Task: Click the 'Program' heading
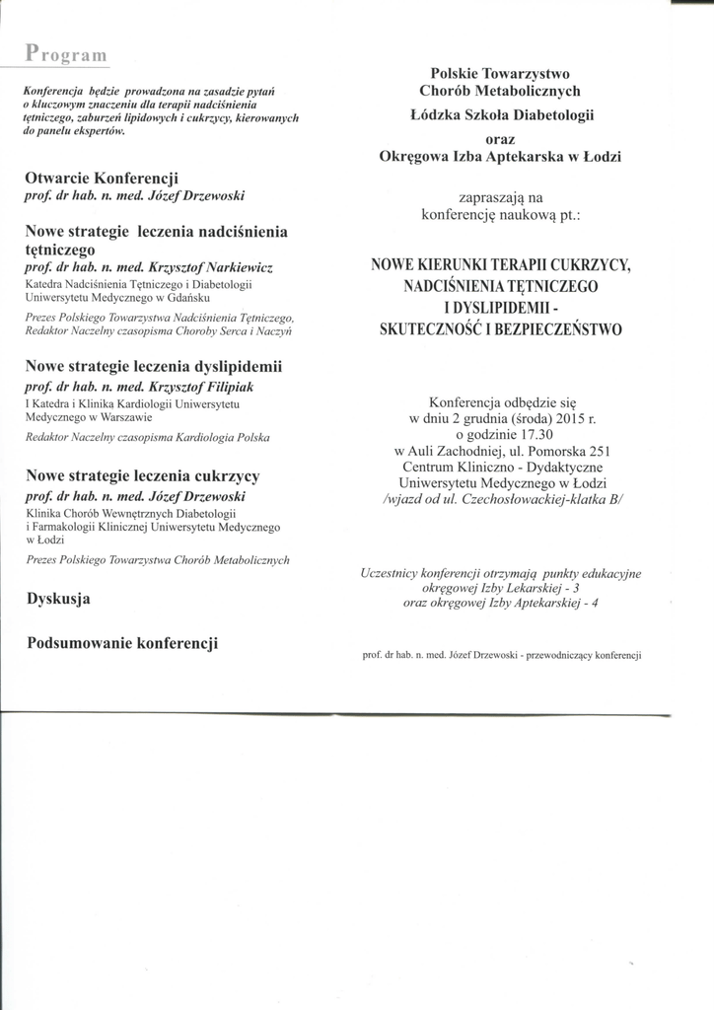click(x=67, y=52)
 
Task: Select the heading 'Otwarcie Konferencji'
click(x=101, y=179)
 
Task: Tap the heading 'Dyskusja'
click(x=59, y=598)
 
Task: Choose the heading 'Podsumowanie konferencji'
click(x=123, y=643)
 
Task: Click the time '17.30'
click(x=532, y=434)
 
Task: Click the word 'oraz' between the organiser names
click(x=501, y=139)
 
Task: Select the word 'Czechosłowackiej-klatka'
click(x=539, y=499)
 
